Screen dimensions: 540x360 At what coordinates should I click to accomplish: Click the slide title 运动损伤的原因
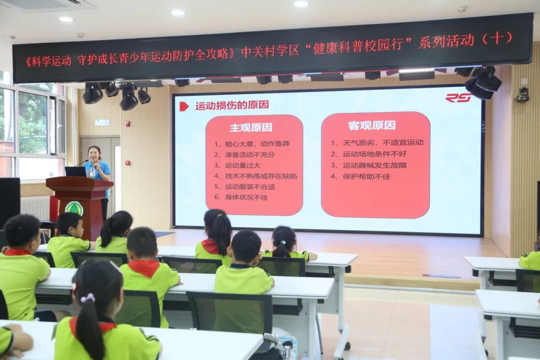point(232,105)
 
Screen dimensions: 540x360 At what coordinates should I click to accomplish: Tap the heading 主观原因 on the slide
point(250,127)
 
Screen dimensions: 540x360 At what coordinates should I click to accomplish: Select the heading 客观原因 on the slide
point(371,125)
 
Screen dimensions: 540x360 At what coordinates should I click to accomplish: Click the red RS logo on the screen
point(458,98)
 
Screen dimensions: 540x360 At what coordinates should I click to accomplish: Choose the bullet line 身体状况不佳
point(240,197)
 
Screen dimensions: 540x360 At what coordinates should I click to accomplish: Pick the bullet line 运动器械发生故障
point(368,165)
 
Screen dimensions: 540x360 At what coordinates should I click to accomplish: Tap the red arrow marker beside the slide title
point(184,106)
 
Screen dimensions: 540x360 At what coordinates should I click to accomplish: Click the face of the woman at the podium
point(93,154)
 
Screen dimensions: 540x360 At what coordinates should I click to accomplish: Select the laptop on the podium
point(75,171)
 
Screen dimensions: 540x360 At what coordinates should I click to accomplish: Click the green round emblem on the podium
point(74,208)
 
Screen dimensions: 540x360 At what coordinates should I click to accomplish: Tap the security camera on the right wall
point(523,94)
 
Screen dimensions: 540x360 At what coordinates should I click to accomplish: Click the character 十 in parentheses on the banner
point(496,38)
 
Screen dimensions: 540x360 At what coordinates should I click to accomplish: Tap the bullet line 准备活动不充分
point(244,154)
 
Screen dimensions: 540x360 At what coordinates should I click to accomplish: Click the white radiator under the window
point(35,207)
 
